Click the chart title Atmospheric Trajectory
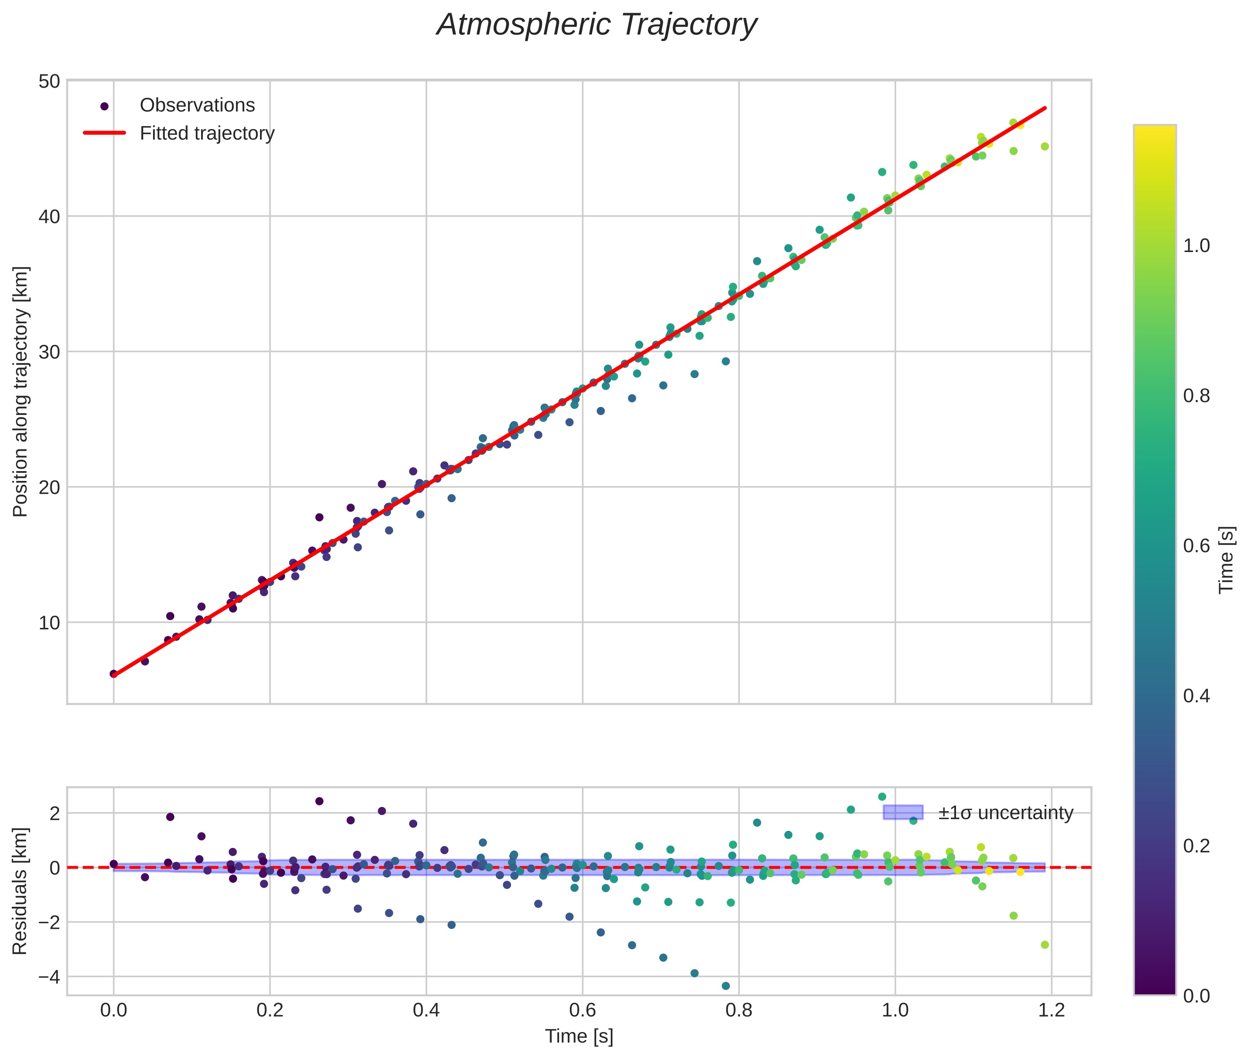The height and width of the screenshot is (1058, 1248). click(x=597, y=25)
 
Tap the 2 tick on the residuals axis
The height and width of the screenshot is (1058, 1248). click(x=54, y=814)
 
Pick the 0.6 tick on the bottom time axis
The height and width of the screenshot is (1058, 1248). click(x=582, y=1010)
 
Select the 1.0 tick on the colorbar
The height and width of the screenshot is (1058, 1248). click(x=1196, y=246)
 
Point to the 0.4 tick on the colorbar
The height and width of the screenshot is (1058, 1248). click(x=1196, y=696)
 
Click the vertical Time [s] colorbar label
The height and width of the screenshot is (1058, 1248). click(x=1227, y=559)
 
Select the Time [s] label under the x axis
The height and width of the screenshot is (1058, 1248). click(x=579, y=1036)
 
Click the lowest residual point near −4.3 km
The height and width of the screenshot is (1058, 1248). click(x=726, y=986)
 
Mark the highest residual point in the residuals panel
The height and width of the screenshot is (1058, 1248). click(x=882, y=797)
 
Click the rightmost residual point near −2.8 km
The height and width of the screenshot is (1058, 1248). click(x=1045, y=944)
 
